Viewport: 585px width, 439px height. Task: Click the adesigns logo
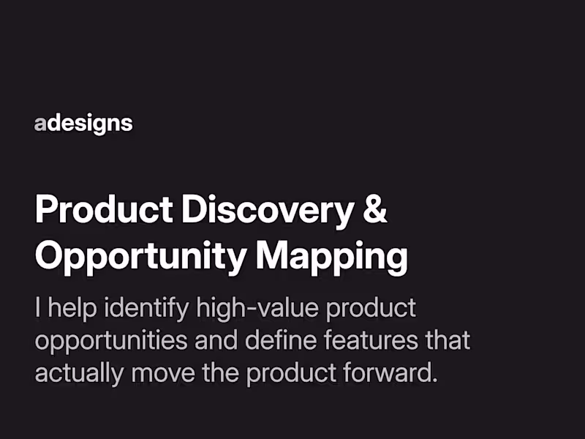[83, 124]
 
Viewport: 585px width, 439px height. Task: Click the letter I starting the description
[38, 308]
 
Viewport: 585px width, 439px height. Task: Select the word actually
[79, 374]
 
